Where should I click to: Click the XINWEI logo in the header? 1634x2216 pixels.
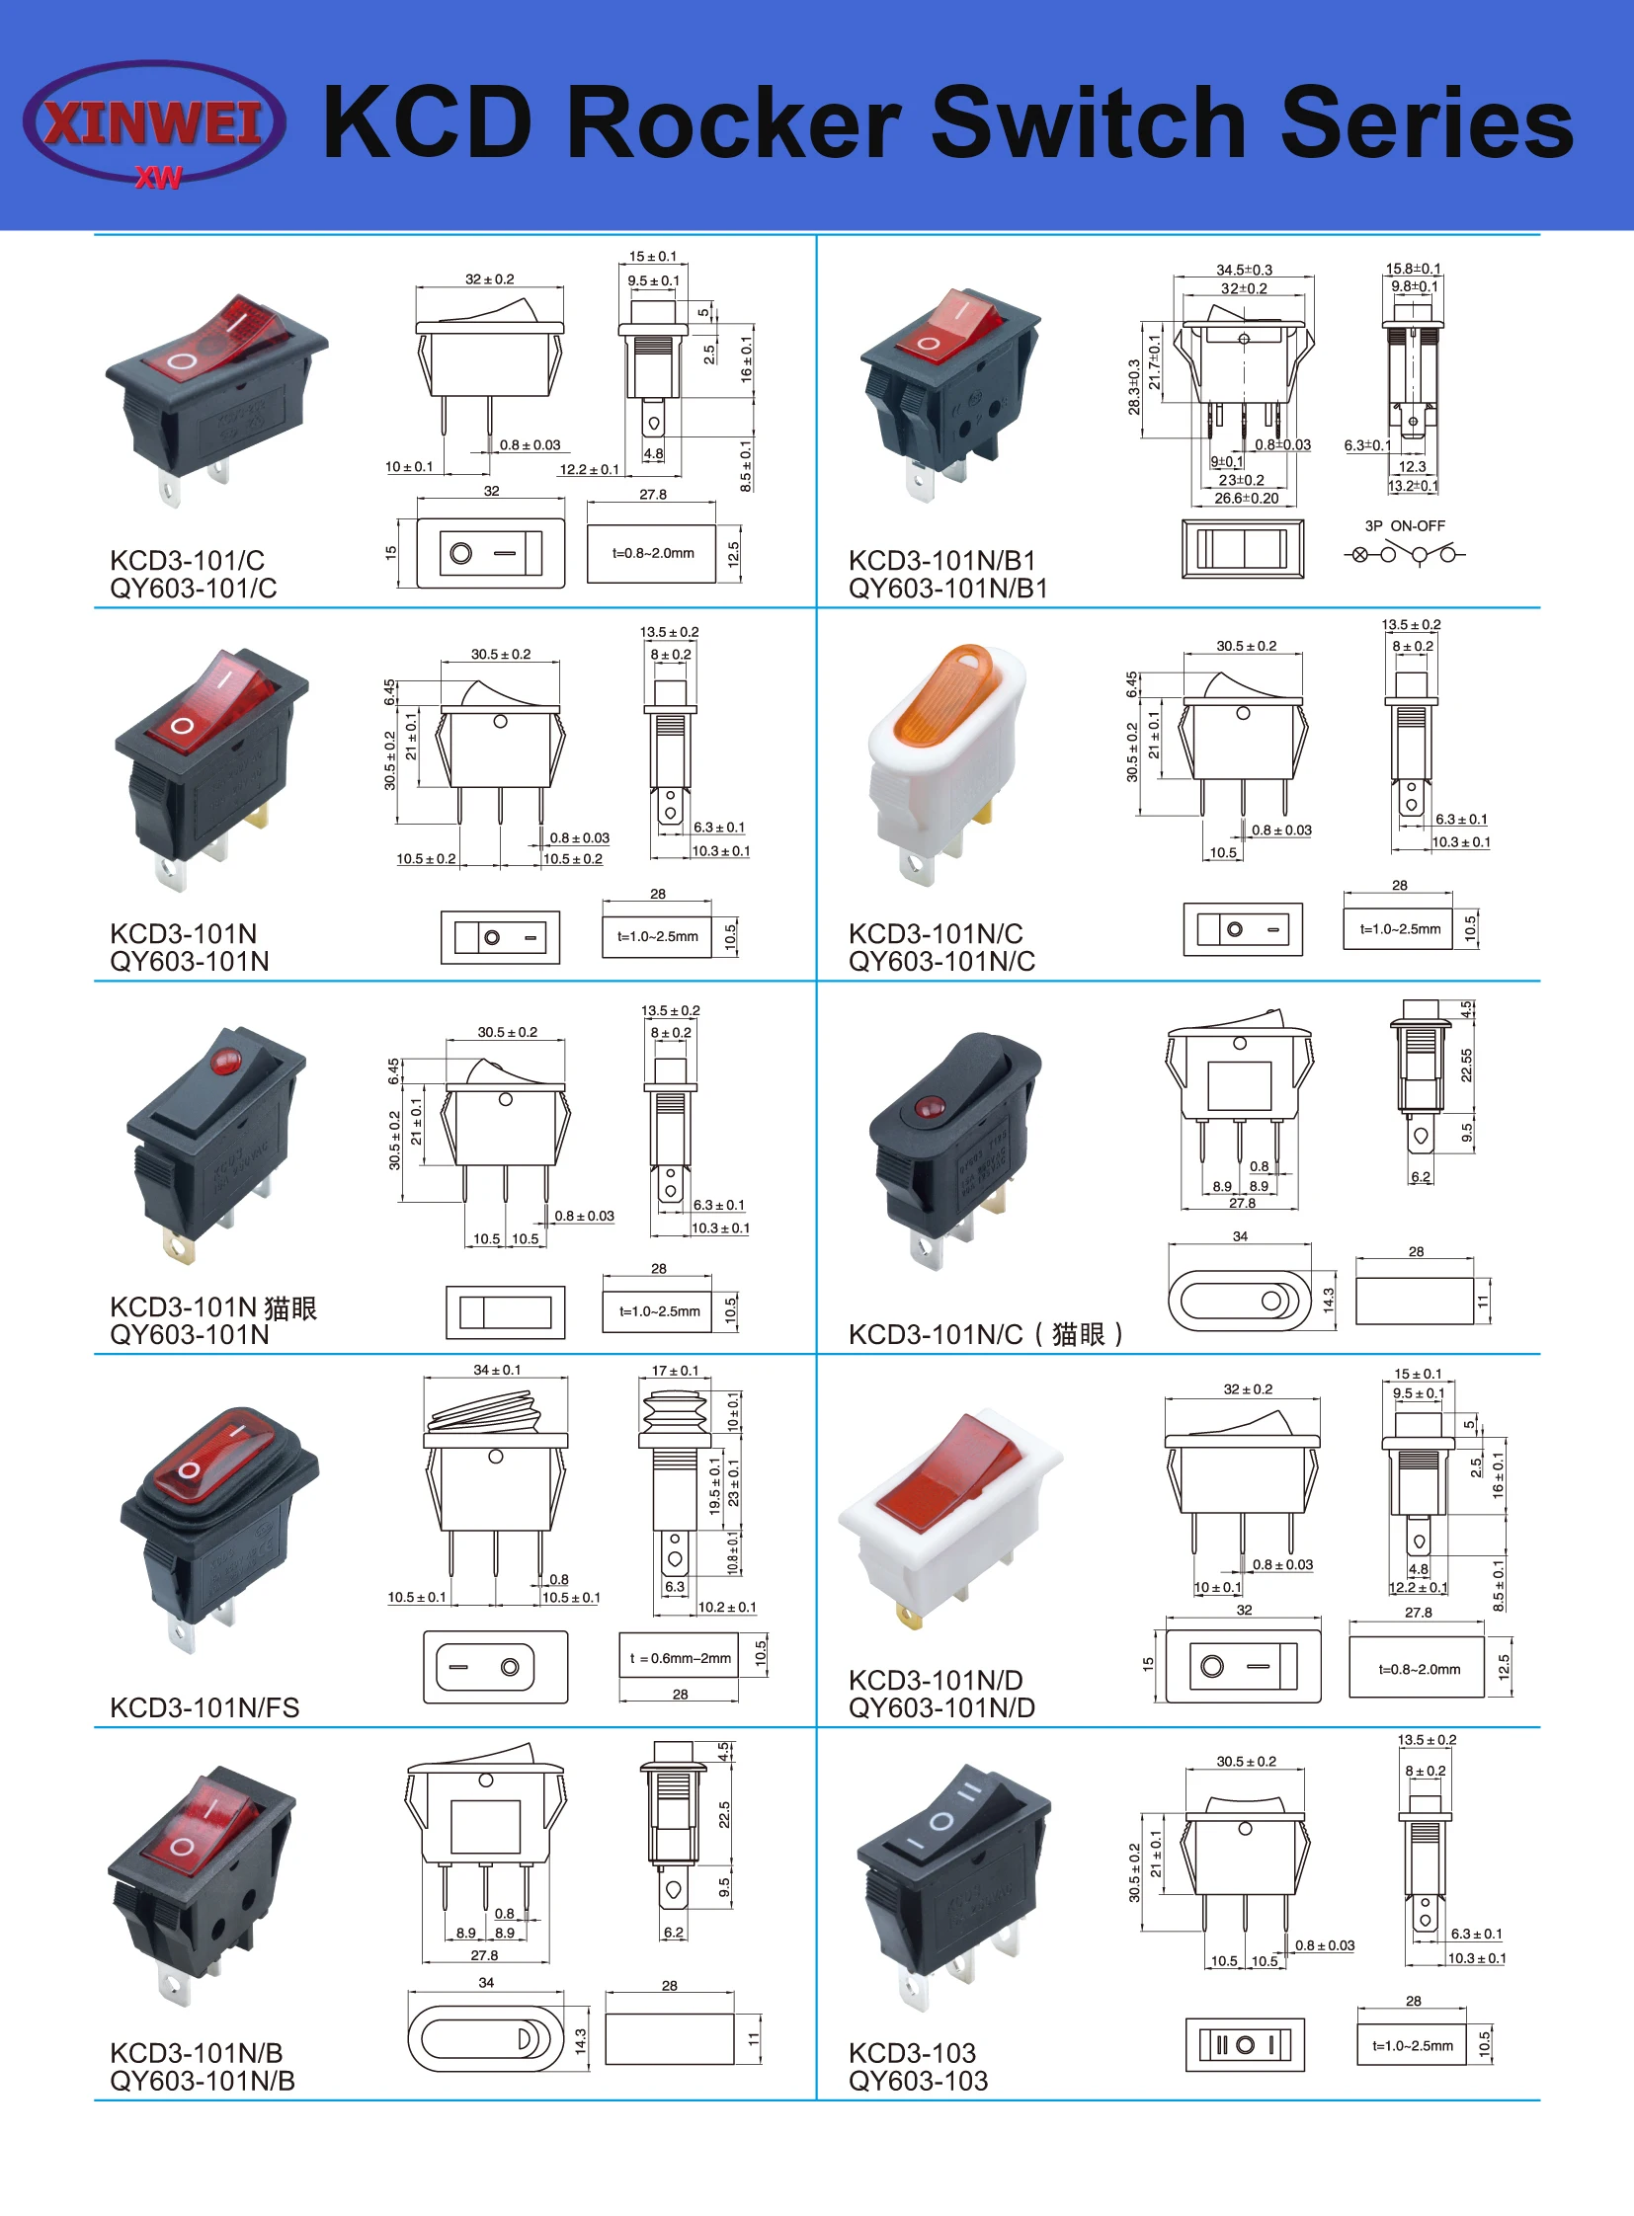pos(154,122)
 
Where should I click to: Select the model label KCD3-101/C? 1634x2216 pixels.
pos(187,561)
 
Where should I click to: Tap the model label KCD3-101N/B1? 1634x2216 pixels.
pos(941,561)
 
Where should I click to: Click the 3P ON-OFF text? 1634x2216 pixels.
pos(1405,526)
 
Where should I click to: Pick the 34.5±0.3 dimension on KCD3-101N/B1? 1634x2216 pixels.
pos(1245,270)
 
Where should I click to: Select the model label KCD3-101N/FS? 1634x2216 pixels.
pos(204,1707)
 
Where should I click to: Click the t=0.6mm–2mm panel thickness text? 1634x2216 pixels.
pos(681,1658)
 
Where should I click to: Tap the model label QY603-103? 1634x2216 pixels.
pos(918,2081)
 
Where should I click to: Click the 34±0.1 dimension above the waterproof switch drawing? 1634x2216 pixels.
pos(497,1370)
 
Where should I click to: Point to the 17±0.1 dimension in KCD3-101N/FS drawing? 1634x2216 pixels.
pos(675,1371)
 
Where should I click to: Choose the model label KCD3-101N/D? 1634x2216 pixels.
pos(941,1680)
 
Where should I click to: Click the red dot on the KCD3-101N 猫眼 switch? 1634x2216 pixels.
pos(225,1062)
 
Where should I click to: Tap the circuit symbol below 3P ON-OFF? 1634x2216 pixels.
pos(1405,554)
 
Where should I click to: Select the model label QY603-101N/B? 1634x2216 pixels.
pos(202,2081)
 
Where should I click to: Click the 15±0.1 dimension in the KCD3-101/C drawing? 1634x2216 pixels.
pos(653,257)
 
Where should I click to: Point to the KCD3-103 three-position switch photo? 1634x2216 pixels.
pos(949,1879)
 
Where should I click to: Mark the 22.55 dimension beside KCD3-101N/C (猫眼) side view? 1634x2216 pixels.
pos(1466,1065)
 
